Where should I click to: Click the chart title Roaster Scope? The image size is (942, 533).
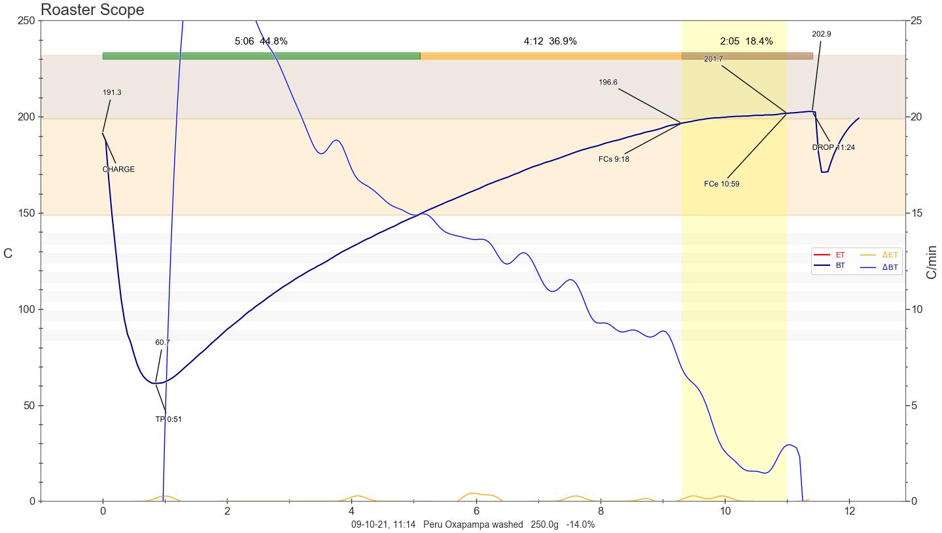tap(92, 10)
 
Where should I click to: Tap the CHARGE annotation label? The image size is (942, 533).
tap(118, 169)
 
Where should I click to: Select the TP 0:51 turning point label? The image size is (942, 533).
tap(169, 419)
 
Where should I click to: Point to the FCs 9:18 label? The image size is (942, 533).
tap(614, 159)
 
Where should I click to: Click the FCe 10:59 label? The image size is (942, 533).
tap(722, 184)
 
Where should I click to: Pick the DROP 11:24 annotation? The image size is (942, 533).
tap(833, 147)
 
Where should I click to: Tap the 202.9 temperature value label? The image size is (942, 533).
tap(822, 34)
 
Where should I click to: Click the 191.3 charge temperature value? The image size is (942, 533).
tap(112, 92)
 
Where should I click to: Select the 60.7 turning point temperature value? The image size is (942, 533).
tap(162, 342)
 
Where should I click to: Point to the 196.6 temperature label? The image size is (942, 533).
tap(608, 83)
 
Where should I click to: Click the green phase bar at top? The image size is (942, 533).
tap(261, 56)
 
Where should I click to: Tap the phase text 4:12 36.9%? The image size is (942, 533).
tap(550, 41)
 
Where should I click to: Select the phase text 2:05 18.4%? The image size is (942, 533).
tap(746, 41)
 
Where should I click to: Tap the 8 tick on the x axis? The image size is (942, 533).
tap(601, 511)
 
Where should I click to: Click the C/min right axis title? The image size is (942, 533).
tap(932, 262)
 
